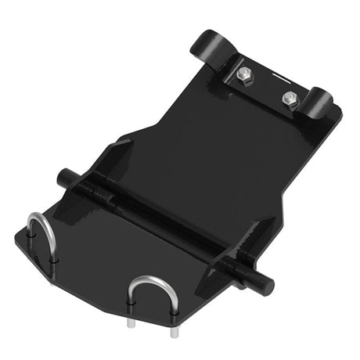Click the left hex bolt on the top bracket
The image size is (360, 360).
coord(243,75)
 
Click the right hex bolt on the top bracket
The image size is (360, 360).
coord(290,99)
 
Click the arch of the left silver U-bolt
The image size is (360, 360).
coord(39,223)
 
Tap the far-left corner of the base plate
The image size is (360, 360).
coord(16,232)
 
